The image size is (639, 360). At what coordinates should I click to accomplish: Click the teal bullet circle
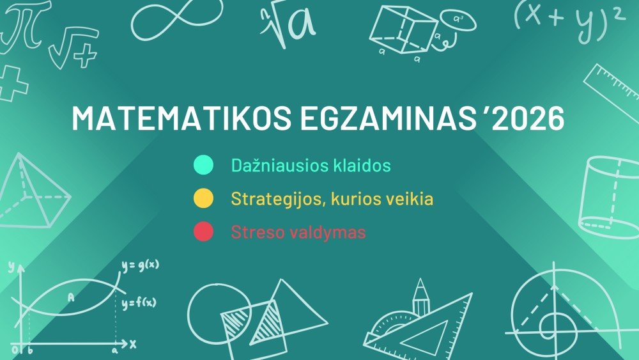click(203, 166)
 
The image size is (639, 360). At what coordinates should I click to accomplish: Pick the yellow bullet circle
click(203, 199)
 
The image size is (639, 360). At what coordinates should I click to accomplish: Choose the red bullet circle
click(203, 232)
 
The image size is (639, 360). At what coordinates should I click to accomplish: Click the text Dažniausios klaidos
click(311, 166)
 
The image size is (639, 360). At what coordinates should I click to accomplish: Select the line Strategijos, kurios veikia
click(332, 199)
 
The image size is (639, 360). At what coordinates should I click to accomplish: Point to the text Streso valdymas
click(298, 232)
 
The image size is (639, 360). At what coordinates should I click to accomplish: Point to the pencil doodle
click(420, 297)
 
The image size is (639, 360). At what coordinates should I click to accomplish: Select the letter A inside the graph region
click(70, 297)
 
